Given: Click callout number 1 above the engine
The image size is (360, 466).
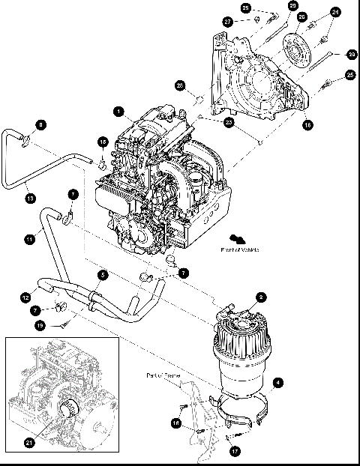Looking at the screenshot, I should point(118,111).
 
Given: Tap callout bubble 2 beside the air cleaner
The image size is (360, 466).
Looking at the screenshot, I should point(260,297).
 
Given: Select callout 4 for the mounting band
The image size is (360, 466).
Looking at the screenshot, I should point(279,383).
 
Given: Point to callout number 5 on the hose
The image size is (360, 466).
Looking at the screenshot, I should point(103,275).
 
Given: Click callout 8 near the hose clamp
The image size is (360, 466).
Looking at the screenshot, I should point(40,124).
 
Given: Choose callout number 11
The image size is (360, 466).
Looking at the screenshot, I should point(29,239).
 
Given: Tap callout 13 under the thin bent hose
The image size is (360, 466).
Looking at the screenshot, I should point(30,198).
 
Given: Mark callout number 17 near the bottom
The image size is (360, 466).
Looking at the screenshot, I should point(234,452).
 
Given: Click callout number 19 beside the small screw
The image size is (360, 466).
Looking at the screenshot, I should point(40,325).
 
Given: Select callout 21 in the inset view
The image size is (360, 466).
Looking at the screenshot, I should point(30,444).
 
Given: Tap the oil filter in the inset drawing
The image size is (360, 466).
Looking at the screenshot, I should point(69,411).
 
